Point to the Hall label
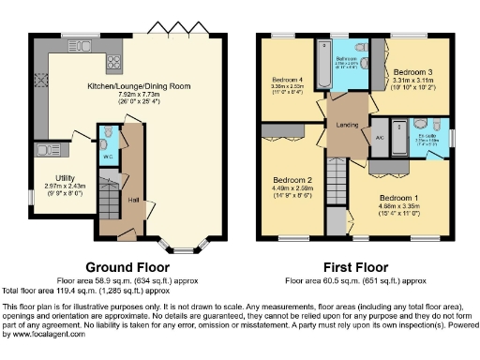tap(134, 200)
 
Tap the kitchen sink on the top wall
tap(73, 44)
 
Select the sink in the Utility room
tap(45, 149)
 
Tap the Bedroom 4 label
tap(286, 80)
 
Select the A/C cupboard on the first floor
tap(378, 137)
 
